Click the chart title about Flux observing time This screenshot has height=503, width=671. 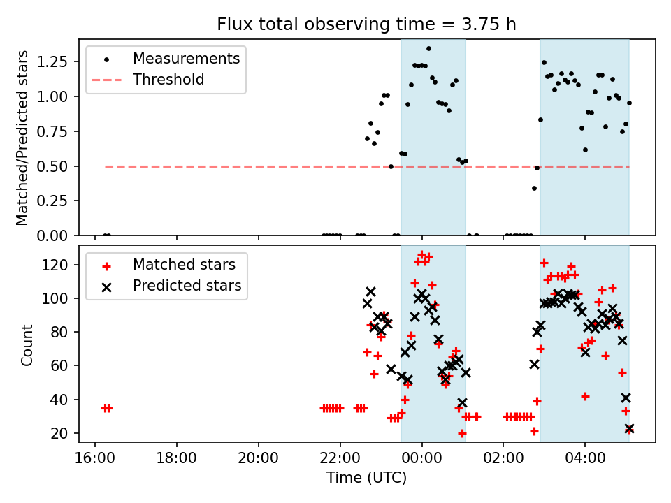coord(366,24)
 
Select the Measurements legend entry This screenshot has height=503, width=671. coord(186,58)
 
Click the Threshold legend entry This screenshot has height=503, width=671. coord(168,80)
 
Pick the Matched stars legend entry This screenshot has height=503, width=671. coord(184,265)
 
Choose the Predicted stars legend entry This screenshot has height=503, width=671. coord(187,286)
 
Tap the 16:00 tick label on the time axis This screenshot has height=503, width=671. coord(95,462)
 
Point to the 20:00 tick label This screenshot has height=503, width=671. coord(259,462)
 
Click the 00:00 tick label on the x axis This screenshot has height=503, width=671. coord(421,462)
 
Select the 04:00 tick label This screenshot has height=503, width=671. coord(585,462)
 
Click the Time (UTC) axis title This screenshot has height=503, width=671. coord(366,479)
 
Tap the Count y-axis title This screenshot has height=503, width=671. coord(27,344)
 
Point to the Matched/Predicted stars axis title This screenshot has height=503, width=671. coord(22,138)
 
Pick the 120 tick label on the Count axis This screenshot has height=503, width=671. coord(59,265)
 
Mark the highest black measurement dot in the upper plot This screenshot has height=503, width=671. coord(428,49)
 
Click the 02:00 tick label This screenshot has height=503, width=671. coord(503,462)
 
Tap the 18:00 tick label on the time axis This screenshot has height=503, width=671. coord(177,462)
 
